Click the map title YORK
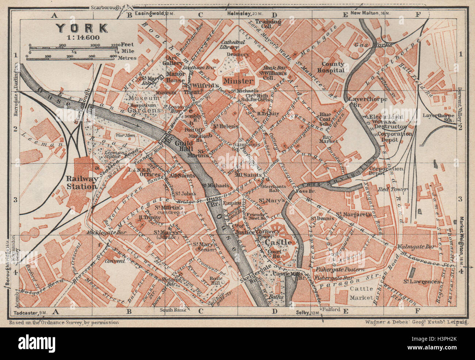tap(81, 28)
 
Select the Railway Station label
tap(81, 182)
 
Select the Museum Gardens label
tap(144, 104)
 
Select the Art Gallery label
tap(175, 61)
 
